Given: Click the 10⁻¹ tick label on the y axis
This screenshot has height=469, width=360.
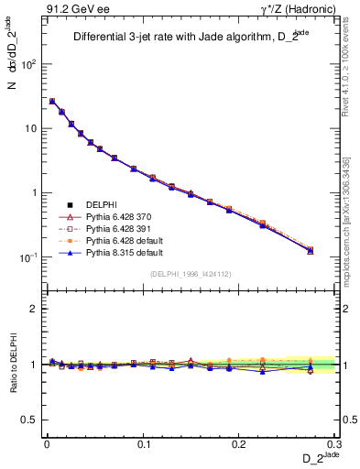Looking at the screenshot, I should (x=28, y=258).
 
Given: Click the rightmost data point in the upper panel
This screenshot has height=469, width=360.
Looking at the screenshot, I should (x=311, y=250).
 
